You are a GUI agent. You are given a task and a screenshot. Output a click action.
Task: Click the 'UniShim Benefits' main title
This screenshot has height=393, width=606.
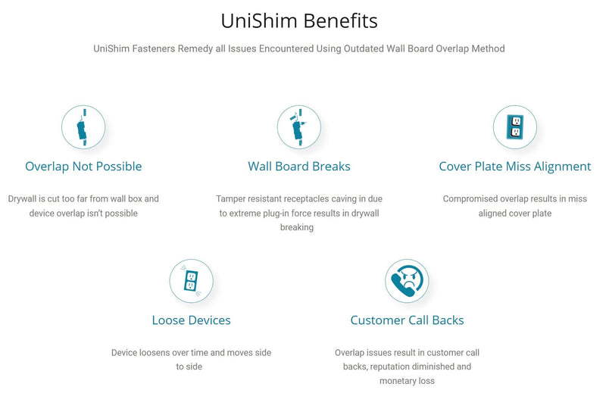[299, 21]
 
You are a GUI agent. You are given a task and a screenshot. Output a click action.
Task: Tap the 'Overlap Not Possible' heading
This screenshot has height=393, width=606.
[83, 167]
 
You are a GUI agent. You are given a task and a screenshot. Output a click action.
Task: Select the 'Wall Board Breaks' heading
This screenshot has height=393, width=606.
[299, 167]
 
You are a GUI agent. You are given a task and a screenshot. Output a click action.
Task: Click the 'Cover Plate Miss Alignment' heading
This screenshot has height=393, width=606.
[515, 167]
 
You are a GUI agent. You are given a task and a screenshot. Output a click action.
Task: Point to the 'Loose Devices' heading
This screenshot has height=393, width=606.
[192, 320]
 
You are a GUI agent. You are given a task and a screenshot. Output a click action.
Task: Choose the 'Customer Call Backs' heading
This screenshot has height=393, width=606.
[407, 320]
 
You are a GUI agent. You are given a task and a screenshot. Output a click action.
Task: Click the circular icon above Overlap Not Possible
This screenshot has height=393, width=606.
[83, 127]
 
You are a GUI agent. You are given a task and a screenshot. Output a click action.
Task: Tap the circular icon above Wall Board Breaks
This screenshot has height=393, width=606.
[299, 127]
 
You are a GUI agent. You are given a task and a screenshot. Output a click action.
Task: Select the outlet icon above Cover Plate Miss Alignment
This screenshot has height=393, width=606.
[515, 127]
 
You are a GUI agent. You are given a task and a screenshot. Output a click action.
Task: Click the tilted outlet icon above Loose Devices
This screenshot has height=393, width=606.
[192, 281]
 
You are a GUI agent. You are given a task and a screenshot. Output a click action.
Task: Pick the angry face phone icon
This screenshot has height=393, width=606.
[407, 281]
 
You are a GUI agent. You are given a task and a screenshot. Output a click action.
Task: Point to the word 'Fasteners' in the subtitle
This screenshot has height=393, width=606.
[150, 48]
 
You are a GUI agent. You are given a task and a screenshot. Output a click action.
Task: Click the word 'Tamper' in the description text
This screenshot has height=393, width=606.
[230, 199]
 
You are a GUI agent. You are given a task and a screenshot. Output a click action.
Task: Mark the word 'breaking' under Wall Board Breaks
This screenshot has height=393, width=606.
[297, 227]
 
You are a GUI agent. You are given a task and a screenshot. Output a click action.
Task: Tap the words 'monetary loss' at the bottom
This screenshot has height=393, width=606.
[407, 381]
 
